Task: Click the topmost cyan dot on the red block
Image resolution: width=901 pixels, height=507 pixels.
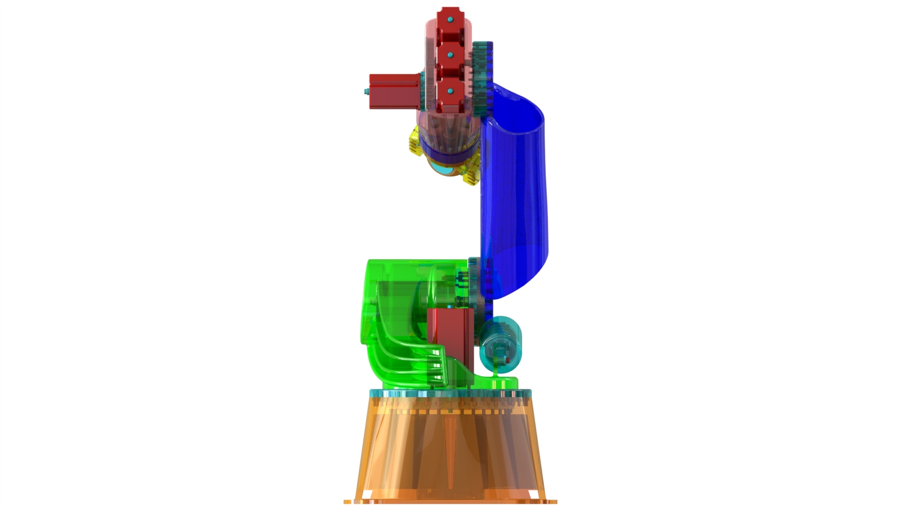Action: (450, 20)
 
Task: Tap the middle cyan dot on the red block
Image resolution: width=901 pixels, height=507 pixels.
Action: (450, 55)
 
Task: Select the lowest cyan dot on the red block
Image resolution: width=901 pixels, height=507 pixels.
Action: (450, 90)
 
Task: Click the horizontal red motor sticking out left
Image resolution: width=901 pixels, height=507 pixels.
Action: (394, 90)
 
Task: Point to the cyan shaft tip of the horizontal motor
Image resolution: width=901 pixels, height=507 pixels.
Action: (365, 91)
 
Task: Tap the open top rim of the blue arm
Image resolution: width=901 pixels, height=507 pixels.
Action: (521, 107)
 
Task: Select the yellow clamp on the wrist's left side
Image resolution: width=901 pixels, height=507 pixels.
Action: (414, 141)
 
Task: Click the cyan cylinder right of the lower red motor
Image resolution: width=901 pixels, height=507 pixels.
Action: (501, 344)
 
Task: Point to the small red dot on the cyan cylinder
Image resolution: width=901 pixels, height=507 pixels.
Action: (509, 359)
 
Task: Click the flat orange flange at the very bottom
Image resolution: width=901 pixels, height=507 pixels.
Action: (450, 500)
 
